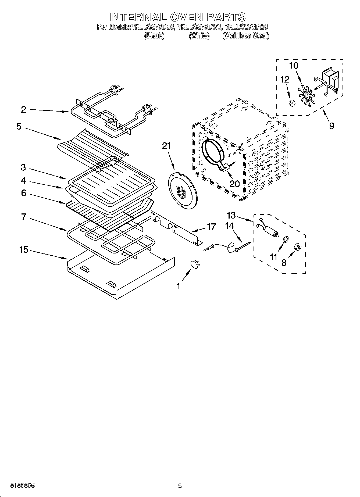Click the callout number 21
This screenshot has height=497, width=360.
[x=166, y=146]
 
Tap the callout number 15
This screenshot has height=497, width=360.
[x=24, y=250]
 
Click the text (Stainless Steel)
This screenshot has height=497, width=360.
[x=245, y=35]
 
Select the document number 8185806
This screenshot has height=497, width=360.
[x=22, y=485]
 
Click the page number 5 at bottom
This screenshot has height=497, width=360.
[x=180, y=486]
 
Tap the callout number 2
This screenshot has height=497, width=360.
[x=23, y=109]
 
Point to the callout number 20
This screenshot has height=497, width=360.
[x=235, y=184]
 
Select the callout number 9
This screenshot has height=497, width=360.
[x=332, y=125]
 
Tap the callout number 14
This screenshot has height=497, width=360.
[x=229, y=226]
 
